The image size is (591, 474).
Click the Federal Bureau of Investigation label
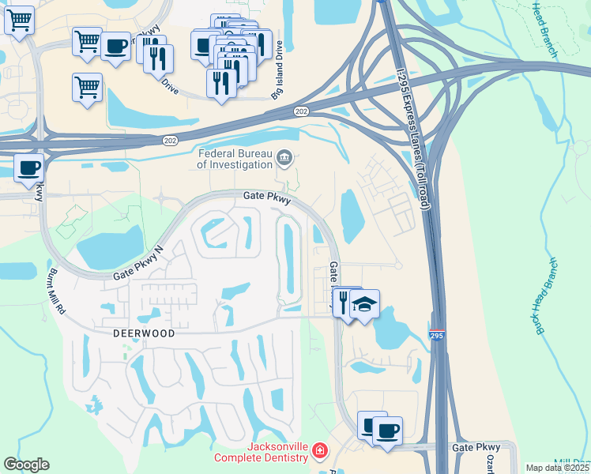coord(234,160)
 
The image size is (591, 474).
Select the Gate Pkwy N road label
coord(137,264)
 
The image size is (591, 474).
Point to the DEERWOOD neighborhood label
coord(143,333)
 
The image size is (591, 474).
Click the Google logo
coord(26,465)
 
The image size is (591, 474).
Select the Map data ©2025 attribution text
coord(557,468)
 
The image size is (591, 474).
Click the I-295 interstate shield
coord(437,336)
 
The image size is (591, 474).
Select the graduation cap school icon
coord(364,304)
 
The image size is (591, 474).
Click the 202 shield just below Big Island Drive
coord(300,111)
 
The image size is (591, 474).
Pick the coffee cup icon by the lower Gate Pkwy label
coord(386,431)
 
